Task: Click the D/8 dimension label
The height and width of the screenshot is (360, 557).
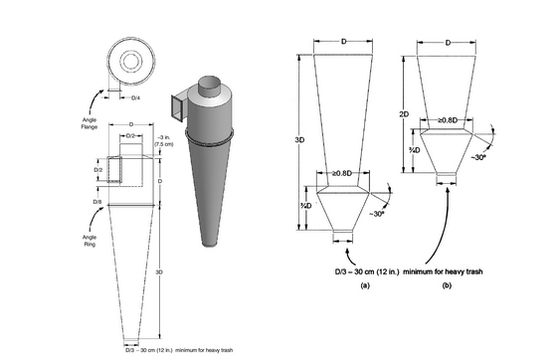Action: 96,203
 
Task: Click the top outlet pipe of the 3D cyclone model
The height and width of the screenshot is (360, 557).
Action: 208,86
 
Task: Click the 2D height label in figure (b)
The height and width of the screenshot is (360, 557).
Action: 405,113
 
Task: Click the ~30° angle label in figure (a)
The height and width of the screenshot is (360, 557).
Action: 378,214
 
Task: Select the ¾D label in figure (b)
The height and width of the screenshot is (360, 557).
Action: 411,151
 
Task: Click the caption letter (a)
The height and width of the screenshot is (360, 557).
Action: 337,284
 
